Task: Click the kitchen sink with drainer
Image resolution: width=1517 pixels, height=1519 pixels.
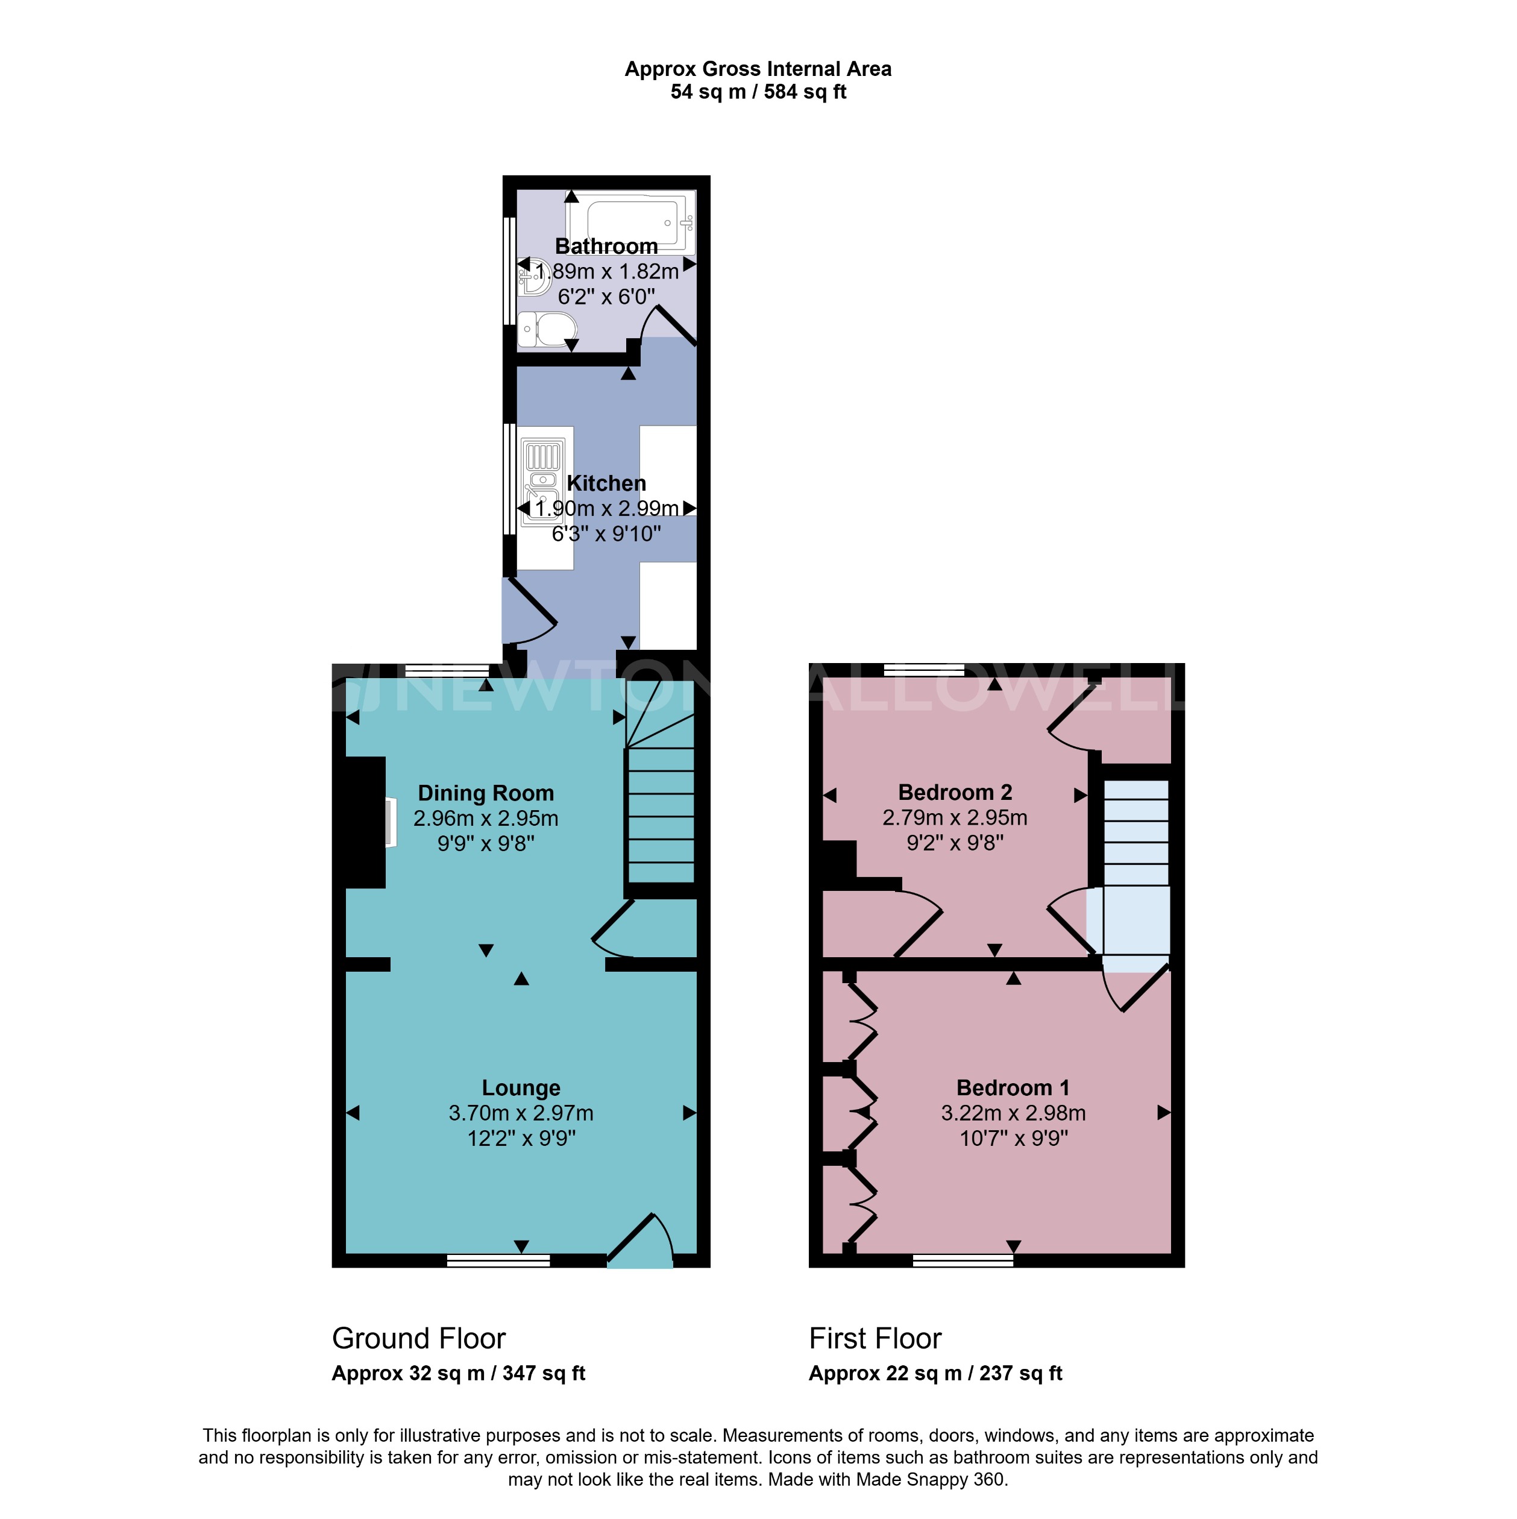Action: tap(543, 480)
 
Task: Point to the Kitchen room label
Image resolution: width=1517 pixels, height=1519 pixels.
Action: tap(606, 483)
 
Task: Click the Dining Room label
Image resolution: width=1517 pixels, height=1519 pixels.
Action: tap(485, 793)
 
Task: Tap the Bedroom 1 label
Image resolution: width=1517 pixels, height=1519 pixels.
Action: tap(1013, 1087)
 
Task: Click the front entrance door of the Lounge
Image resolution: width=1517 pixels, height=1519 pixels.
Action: tap(641, 1242)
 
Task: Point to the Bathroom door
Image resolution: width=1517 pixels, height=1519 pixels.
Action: tap(670, 326)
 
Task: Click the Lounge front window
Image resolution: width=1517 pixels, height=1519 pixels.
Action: tap(498, 1260)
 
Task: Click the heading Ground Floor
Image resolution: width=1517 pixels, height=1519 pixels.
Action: tap(418, 1338)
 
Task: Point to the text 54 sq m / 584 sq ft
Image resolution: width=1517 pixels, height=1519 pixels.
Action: tap(758, 92)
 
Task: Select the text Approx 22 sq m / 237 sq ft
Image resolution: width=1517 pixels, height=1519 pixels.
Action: tap(935, 1373)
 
